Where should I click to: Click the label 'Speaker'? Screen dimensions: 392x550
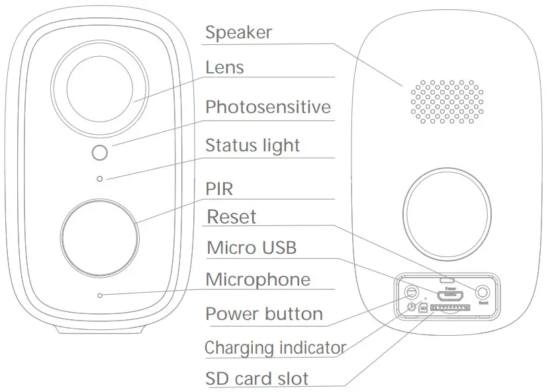tap(238, 32)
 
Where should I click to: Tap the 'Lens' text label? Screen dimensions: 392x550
tap(224, 67)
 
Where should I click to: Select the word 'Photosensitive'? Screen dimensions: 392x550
tap(267, 107)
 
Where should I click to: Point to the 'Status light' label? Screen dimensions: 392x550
tap(252, 145)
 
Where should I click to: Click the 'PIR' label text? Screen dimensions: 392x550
tap(219, 190)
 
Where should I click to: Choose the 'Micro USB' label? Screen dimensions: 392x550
tap(252, 248)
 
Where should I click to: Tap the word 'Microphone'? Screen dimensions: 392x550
tap(257, 279)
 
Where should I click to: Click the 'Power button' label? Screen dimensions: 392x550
tap(264, 313)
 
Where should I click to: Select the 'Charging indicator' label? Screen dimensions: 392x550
tap(275, 347)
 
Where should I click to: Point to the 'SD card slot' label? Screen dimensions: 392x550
tap(257, 379)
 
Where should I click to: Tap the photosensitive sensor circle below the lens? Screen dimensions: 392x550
tap(99, 153)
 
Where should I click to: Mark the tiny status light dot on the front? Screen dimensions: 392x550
tap(99, 178)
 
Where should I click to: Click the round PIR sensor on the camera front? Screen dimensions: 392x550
tap(99, 234)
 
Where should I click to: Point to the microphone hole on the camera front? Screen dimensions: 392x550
tap(99, 295)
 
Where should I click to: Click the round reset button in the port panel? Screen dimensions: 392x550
tap(483, 292)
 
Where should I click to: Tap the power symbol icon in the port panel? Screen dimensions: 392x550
tap(412, 307)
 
